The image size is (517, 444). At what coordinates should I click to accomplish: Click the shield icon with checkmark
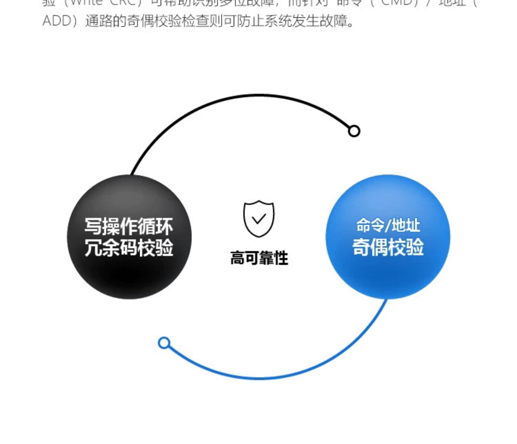click(259, 219)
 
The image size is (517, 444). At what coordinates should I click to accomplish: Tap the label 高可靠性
click(259, 258)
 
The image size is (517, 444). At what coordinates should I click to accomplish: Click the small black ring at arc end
click(354, 131)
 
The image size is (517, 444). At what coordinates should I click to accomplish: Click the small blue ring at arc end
click(164, 343)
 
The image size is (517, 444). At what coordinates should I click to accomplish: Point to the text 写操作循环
click(129, 227)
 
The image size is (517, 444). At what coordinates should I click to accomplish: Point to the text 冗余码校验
click(129, 247)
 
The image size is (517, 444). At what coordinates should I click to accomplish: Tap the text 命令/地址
click(388, 226)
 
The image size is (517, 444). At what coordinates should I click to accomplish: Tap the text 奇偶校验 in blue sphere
click(388, 247)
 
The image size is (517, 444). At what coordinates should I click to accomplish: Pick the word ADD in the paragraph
click(57, 21)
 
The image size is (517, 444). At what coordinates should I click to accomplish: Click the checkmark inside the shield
click(259, 219)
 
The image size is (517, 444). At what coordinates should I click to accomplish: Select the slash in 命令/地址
click(388, 226)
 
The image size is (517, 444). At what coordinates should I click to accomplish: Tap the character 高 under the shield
click(237, 258)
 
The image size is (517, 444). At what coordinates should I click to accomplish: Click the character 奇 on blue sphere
click(361, 247)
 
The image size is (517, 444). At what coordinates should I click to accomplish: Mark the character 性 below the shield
click(281, 258)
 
